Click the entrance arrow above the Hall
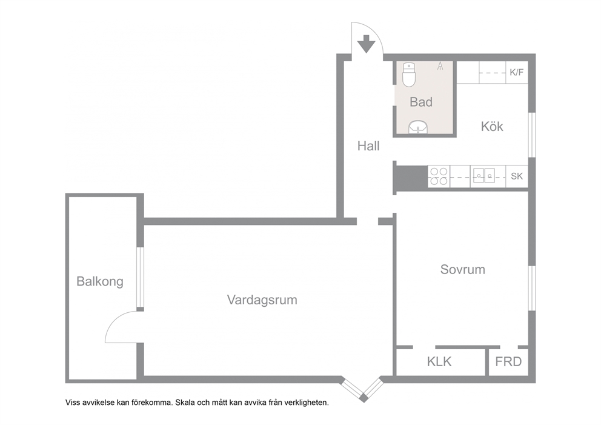367,44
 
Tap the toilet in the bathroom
409,75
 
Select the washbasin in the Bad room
418,127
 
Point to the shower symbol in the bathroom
440,66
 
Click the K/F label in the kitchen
516,72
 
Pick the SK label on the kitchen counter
517,176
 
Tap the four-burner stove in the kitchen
439,176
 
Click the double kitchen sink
483,175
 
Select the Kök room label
492,126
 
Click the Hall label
368,146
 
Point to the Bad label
421,102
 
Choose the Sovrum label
463,269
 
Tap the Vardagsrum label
262,300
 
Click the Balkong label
99,281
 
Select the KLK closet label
439,361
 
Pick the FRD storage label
508,361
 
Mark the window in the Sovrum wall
531,288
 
